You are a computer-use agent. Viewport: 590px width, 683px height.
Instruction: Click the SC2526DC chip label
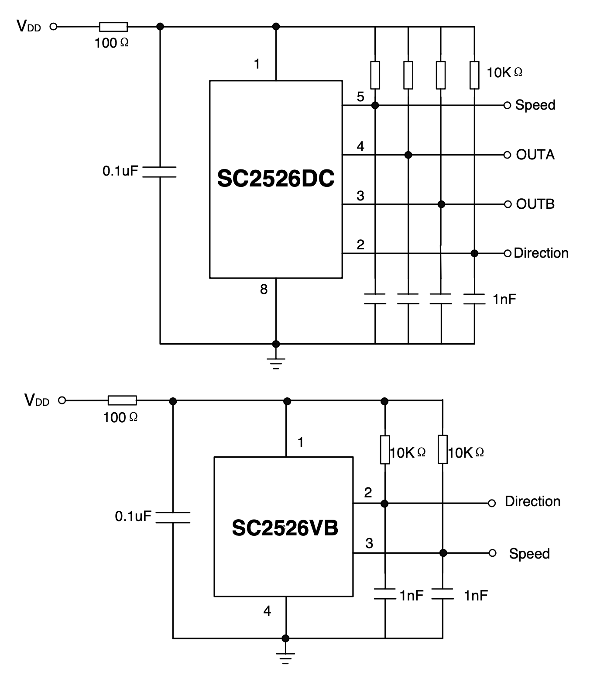[276, 179]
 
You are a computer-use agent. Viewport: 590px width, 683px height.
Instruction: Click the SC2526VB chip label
[285, 528]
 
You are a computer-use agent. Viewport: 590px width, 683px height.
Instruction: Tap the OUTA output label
[535, 155]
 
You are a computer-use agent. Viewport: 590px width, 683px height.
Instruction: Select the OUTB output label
[535, 204]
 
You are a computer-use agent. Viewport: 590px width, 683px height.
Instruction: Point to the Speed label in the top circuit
[535, 105]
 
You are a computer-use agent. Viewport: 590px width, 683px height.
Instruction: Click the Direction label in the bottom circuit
[532, 501]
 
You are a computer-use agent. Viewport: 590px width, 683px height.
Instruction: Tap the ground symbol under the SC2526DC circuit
[276, 362]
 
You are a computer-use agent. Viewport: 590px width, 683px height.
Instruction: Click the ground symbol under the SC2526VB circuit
[286, 657]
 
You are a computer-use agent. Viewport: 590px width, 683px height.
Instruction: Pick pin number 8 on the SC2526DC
[264, 289]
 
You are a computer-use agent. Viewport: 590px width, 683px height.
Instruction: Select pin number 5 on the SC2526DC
[360, 97]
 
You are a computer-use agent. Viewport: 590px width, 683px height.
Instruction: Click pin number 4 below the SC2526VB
[267, 611]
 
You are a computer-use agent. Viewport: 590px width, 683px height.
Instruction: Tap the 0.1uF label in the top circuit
[120, 171]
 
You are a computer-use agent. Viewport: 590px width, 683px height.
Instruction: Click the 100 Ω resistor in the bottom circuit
[122, 400]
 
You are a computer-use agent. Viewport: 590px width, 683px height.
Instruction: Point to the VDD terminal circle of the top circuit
[53, 27]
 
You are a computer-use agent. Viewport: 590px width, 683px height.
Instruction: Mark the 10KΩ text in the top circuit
[504, 72]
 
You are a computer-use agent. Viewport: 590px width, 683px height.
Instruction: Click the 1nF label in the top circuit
[504, 299]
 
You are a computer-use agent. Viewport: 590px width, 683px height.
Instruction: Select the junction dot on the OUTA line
[408, 155]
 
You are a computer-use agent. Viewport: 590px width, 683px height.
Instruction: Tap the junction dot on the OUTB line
[441, 204]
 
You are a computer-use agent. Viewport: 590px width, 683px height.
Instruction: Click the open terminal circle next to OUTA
[507, 155]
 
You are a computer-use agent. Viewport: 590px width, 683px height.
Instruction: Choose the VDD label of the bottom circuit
[37, 400]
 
